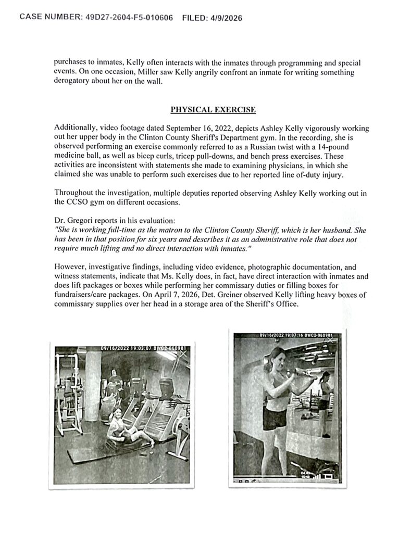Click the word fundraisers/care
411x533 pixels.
(x=84, y=295)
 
